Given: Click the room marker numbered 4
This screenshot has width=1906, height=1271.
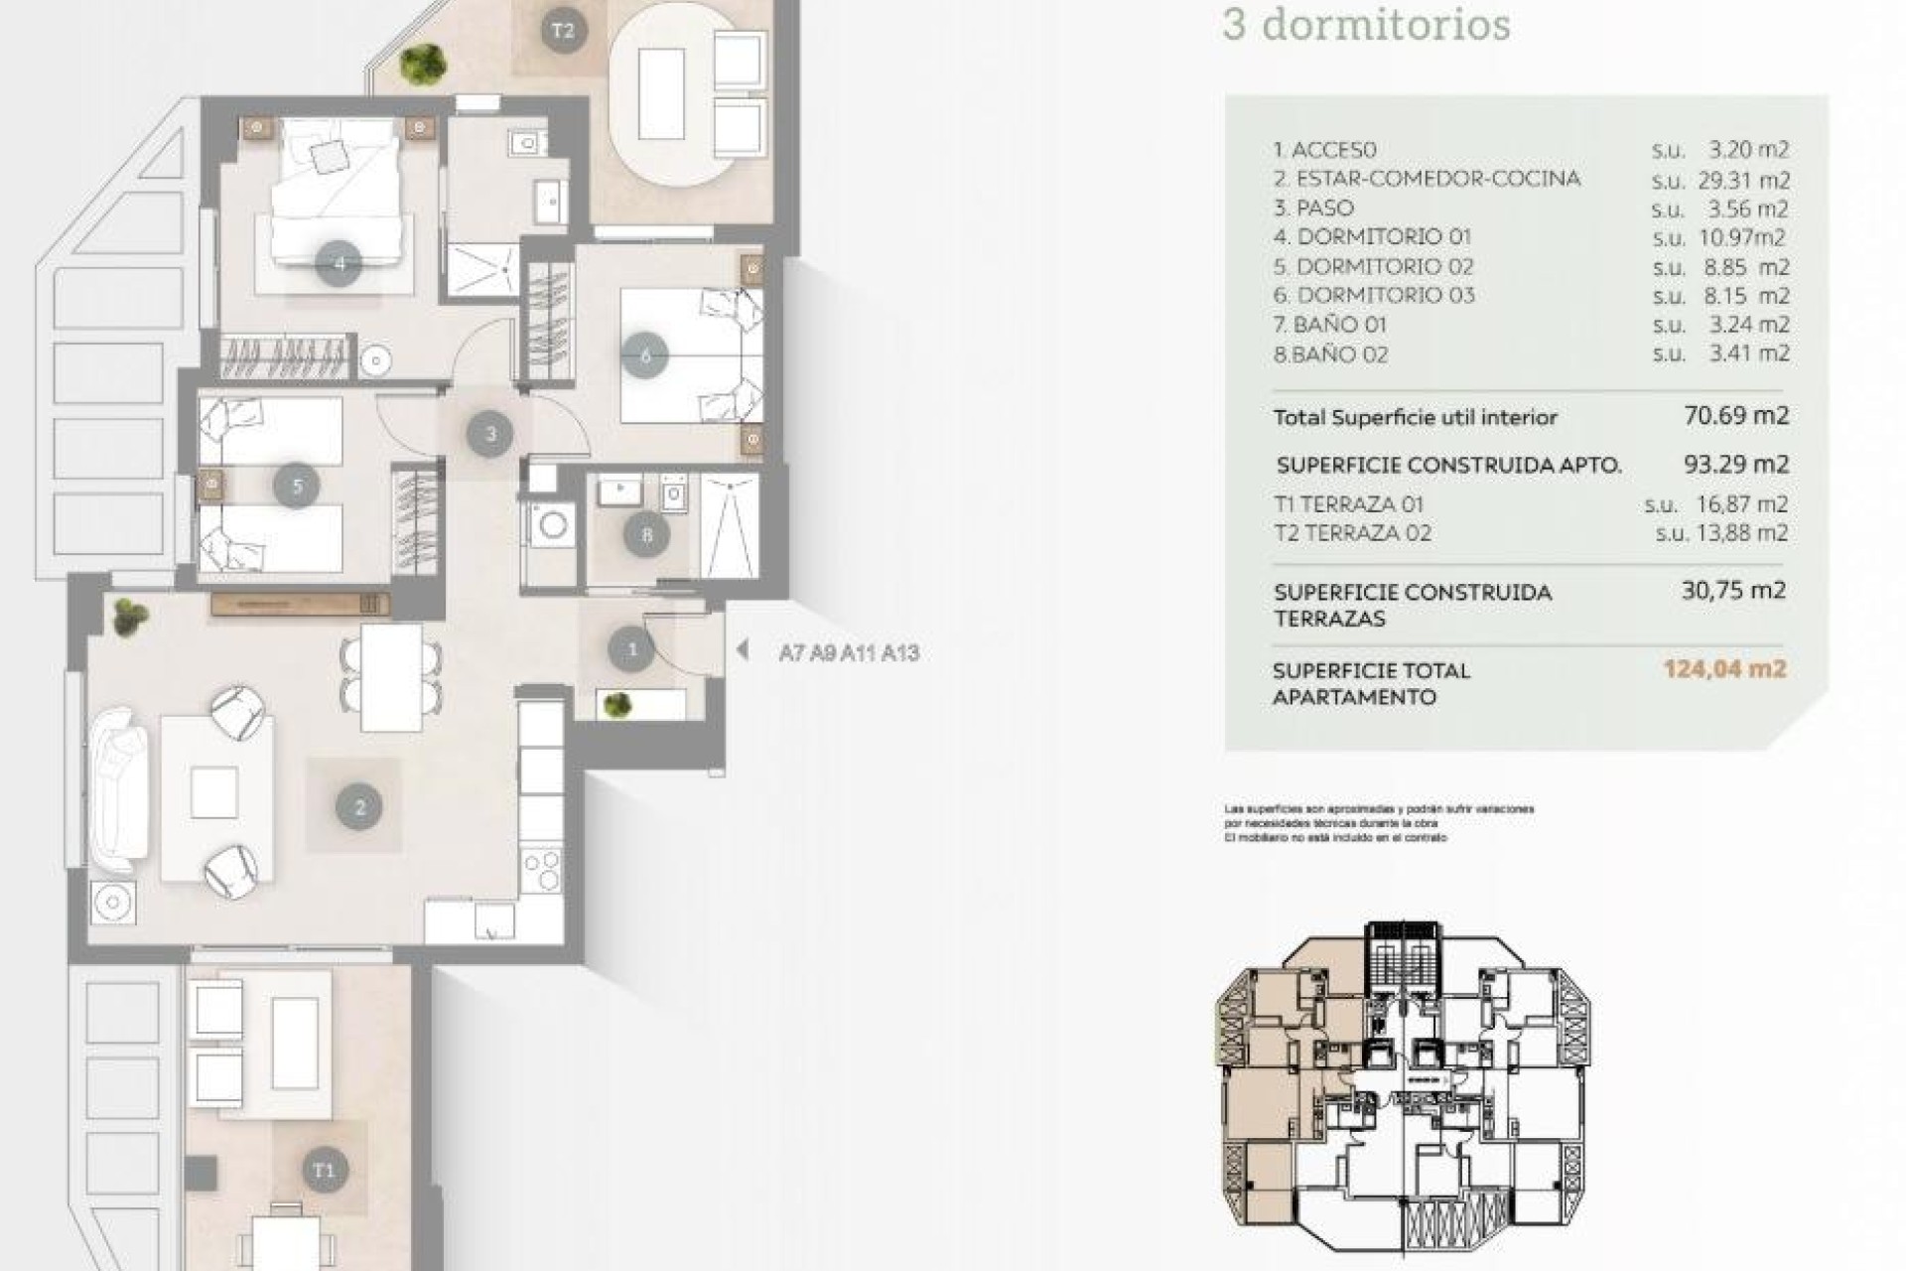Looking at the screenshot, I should (x=339, y=264).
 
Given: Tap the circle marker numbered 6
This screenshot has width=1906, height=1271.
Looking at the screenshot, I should (x=645, y=354).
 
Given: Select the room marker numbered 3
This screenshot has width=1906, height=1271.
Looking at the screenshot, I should (x=490, y=433).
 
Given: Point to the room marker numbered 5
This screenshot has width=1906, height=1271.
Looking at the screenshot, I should (x=297, y=486).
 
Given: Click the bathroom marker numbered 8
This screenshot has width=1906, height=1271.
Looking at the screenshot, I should (x=647, y=536).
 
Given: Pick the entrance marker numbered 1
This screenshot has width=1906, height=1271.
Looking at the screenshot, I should (x=632, y=650).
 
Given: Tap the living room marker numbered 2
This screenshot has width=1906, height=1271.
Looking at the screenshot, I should (x=359, y=807).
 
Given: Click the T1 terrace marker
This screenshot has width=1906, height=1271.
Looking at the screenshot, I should (x=325, y=1170).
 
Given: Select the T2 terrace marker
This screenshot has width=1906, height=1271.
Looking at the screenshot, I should (x=562, y=31).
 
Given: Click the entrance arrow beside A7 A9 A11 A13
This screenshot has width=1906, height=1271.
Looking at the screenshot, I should (x=742, y=650).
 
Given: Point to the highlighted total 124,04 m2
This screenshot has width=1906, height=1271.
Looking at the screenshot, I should (x=1724, y=668).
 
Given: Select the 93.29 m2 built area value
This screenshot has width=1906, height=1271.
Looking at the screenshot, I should (x=1735, y=464).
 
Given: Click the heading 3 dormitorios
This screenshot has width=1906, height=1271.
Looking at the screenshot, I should (x=1366, y=24).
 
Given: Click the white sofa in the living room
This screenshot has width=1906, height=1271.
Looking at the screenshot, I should (x=117, y=789).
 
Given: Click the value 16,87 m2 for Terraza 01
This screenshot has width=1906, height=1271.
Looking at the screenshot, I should (x=1742, y=504).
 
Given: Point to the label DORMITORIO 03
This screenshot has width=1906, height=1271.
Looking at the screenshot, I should (x=1385, y=295).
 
